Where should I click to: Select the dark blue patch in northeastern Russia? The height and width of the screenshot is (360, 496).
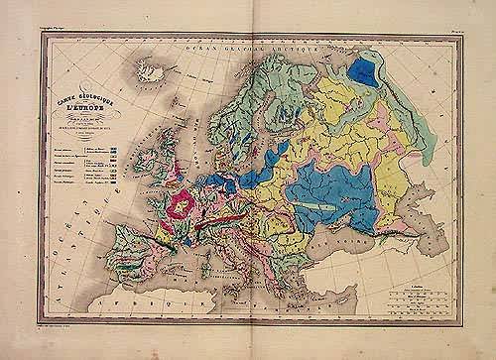point(370,72)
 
